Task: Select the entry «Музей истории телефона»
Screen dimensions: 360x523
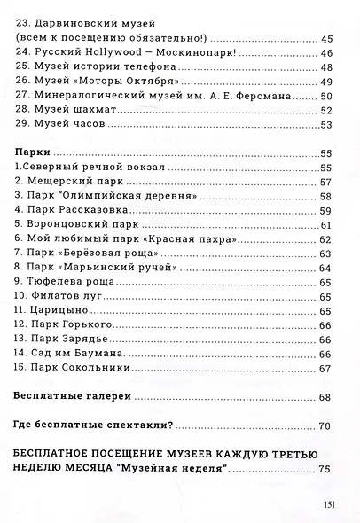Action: pyautogui.click(x=90, y=68)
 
